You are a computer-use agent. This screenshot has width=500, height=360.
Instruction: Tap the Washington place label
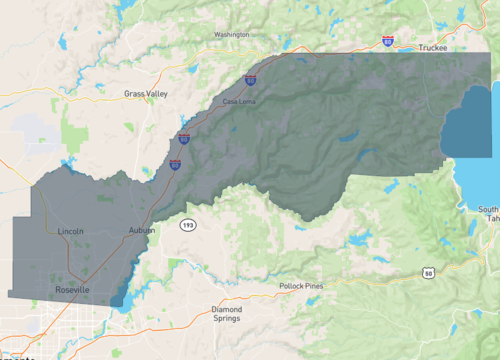(231, 35)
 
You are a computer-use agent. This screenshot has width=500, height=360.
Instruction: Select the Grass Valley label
(146, 93)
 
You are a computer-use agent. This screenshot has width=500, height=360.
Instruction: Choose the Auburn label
(142, 231)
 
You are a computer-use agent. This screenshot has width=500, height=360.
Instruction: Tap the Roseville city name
(71, 289)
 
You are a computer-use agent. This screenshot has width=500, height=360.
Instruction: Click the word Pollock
(292, 286)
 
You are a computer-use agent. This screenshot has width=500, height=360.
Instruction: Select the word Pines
(314, 286)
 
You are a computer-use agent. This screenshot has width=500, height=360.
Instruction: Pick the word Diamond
(227, 309)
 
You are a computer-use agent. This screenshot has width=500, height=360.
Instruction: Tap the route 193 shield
(188, 226)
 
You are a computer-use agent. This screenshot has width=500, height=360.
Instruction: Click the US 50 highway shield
(428, 272)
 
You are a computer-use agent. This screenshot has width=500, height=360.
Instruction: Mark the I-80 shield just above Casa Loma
(250, 79)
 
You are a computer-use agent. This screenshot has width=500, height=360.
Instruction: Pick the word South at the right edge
(489, 209)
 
